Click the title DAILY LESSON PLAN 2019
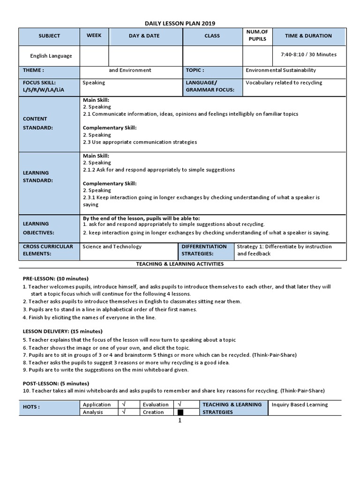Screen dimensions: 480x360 [180, 23]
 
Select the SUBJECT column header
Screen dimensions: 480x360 [49, 36]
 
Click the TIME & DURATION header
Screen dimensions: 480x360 [308, 36]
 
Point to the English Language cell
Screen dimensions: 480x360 [51, 56]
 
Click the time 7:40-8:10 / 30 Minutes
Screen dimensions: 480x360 [308, 54]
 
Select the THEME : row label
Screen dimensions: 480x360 [33, 70]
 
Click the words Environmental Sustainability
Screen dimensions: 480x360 [281, 70]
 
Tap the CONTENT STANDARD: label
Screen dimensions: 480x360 [35, 123]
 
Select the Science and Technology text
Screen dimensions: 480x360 [112, 247]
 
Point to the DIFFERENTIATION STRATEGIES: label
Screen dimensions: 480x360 [204, 250]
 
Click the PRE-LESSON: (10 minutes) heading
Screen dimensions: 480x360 [55, 278]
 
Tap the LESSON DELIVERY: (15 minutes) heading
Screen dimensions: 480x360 [59, 331]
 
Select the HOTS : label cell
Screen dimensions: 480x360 [31, 407]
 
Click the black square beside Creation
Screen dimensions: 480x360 [180, 412]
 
